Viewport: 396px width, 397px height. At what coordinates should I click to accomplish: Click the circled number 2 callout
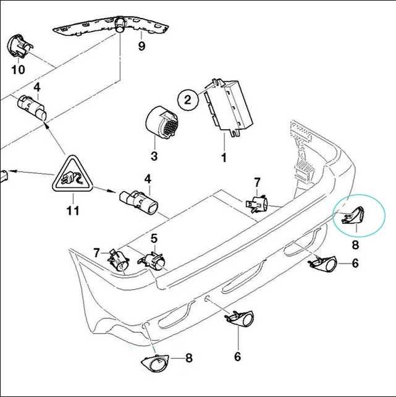187,100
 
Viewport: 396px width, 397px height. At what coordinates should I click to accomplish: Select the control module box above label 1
229,108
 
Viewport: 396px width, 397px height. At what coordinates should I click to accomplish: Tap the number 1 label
224,158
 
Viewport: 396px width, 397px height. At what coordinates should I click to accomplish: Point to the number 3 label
154,156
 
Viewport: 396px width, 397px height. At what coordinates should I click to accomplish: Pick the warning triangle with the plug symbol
73,174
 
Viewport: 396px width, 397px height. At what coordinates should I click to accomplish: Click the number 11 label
73,210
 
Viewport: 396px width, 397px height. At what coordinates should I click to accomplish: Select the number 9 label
141,46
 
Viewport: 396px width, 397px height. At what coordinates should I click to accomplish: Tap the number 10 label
19,69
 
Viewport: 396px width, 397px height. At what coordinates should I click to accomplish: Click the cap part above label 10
20,46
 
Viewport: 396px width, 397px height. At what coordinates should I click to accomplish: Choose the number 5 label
154,239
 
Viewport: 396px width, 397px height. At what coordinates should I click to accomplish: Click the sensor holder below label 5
152,260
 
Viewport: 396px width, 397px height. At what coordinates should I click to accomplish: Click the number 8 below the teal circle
355,245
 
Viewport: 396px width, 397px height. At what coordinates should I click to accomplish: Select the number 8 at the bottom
188,358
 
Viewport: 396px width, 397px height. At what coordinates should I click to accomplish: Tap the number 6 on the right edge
355,263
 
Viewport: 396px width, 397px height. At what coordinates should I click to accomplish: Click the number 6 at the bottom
237,357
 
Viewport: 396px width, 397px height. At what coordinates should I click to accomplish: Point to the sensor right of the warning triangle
139,202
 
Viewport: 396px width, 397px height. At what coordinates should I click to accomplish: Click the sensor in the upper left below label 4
32,107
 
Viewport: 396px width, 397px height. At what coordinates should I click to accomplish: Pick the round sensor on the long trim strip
120,25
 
